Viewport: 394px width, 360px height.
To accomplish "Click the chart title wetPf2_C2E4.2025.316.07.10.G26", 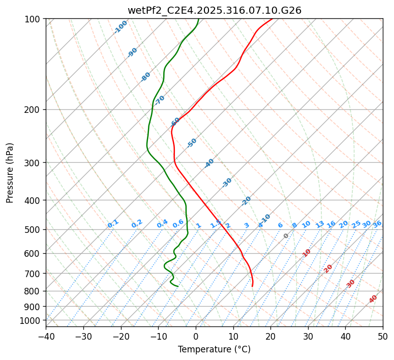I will [x=214, y=10].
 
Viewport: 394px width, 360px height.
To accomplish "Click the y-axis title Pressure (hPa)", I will [x=10, y=173].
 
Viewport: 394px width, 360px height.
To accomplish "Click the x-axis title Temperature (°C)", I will [x=214, y=349].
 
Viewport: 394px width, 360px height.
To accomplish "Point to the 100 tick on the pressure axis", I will [x=34, y=19].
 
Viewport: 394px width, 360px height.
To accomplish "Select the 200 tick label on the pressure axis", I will [x=34, y=109].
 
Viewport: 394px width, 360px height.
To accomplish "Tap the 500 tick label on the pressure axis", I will [x=34, y=229].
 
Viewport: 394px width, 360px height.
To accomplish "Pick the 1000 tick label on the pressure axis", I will [x=32, y=320].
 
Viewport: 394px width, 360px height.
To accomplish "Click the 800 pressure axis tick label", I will [x=34, y=291].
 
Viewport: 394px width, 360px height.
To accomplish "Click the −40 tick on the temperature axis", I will [x=46, y=336].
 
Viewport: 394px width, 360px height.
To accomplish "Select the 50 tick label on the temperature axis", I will [x=383, y=336].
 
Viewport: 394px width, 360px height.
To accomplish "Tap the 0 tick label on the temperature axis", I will [x=196, y=336].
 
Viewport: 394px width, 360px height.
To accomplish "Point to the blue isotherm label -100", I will [x=121, y=27].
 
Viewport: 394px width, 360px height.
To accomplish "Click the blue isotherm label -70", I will [x=160, y=100].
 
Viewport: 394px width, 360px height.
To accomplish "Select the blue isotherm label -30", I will [x=227, y=182].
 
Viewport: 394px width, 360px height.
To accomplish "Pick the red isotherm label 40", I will [x=373, y=299].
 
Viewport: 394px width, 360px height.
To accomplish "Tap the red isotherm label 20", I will [x=328, y=268].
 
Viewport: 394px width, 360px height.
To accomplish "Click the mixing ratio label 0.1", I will [x=113, y=224].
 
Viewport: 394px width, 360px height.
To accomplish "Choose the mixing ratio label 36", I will [x=377, y=224].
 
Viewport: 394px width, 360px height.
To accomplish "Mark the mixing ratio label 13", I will [x=320, y=224].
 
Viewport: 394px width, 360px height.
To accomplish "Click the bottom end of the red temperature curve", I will [x=252, y=286].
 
